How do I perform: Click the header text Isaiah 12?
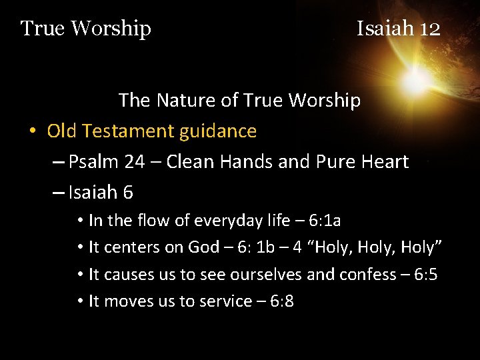pyautogui.click(x=398, y=29)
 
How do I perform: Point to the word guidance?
pyautogui.click(x=219, y=131)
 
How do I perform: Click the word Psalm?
pyautogui.click(x=93, y=162)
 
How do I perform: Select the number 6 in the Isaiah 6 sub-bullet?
pyautogui.click(x=127, y=193)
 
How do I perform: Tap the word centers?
pyautogui.click(x=135, y=247)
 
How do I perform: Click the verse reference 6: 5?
pyautogui.click(x=423, y=275)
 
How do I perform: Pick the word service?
pyautogui.click(x=219, y=301)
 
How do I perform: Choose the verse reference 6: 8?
pyautogui.click(x=279, y=301)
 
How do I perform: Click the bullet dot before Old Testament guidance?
pyautogui.click(x=32, y=132)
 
